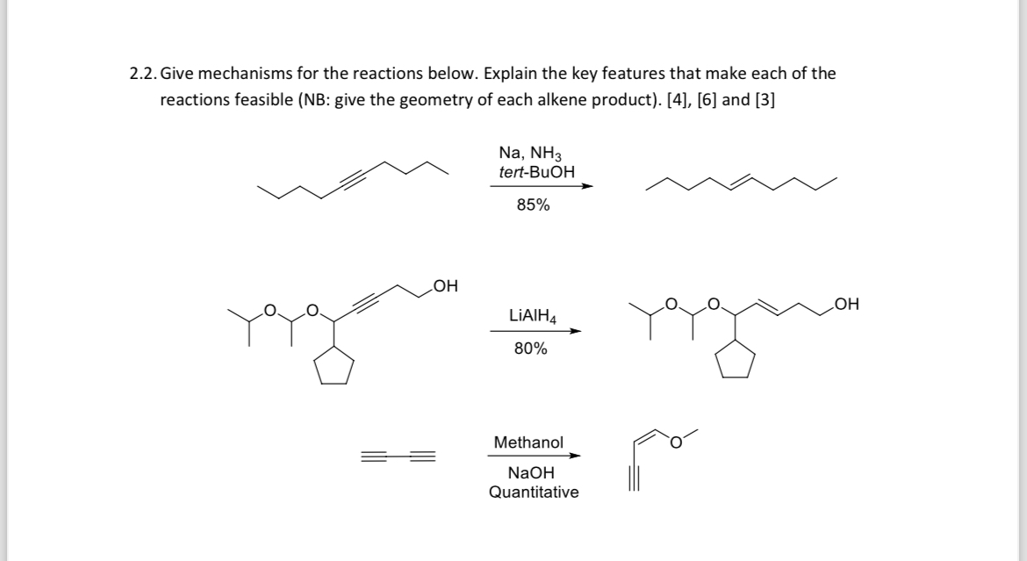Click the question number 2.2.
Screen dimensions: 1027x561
coord(143,74)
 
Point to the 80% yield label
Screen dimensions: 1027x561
coord(530,349)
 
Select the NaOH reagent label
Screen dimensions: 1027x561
coord(532,473)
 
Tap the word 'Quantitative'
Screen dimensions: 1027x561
coord(534,492)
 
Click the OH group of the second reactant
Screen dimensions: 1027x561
coord(445,285)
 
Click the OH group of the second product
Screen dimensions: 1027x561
coord(848,305)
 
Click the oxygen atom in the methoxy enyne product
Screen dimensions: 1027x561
coord(676,442)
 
